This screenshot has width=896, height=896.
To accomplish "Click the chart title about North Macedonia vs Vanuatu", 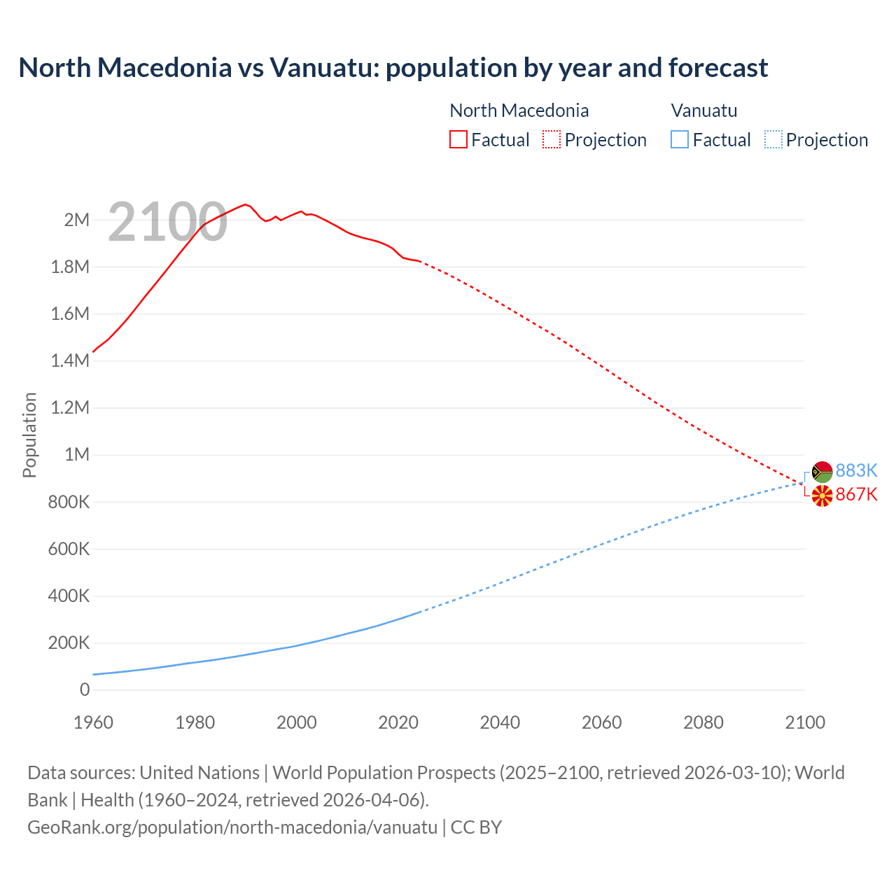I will pyautogui.click(x=393, y=68).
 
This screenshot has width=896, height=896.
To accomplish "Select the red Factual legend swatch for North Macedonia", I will pyautogui.click(x=458, y=140).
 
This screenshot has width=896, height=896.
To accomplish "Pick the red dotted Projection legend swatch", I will pyautogui.click(x=551, y=140).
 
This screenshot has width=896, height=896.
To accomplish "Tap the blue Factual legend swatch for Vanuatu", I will pyautogui.click(x=679, y=140).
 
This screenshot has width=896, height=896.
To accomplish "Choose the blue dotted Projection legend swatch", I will pyautogui.click(x=773, y=140).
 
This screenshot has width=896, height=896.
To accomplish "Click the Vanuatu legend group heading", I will pyautogui.click(x=703, y=111).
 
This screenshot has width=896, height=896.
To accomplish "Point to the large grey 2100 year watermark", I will pyautogui.click(x=167, y=222).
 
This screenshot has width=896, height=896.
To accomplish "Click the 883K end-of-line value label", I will pyautogui.click(x=856, y=470).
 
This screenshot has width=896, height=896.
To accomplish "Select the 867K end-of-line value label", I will pyautogui.click(x=856, y=495).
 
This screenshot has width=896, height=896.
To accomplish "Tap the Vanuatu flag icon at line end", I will pyautogui.click(x=822, y=471).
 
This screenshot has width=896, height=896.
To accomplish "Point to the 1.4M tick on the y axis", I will pyautogui.click(x=70, y=361).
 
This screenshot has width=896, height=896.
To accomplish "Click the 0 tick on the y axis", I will pyautogui.click(x=85, y=690).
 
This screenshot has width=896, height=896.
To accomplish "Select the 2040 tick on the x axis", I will pyautogui.click(x=500, y=723).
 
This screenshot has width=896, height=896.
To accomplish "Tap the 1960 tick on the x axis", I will pyautogui.click(x=93, y=723).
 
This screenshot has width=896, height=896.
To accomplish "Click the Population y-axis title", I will pyautogui.click(x=29, y=435).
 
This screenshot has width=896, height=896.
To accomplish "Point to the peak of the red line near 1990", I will pyautogui.click(x=245, y=204).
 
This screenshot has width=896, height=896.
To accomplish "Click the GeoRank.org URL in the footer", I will pyautogui.click(x=232, y=827).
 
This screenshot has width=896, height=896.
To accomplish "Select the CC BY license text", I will pyautogui.click(x=476, y=827).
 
